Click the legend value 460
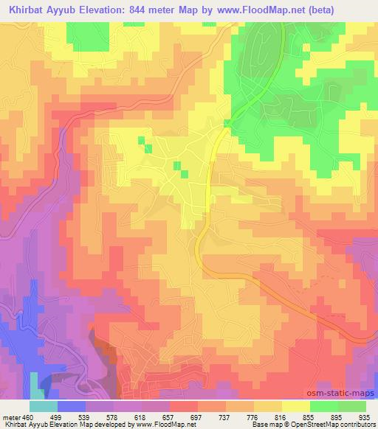[x=27, y=416]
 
